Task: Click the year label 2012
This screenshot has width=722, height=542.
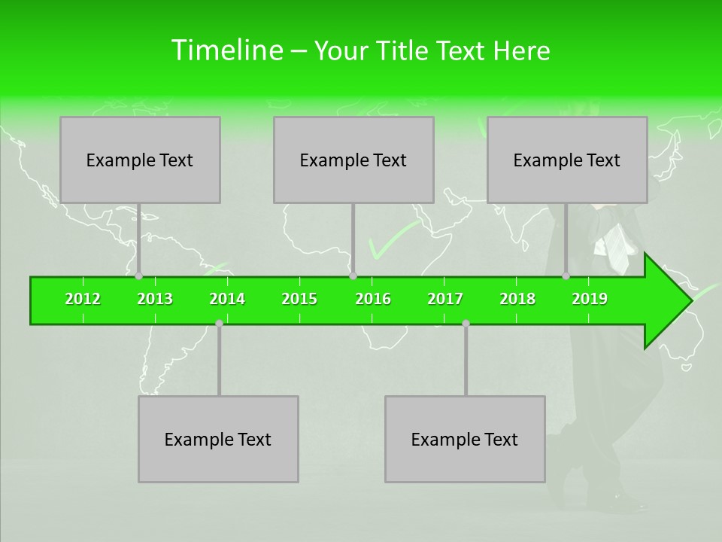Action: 83,299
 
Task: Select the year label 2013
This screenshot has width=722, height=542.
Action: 155,299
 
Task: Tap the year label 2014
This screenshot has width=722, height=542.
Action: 227,299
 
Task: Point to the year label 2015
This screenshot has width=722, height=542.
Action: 299,299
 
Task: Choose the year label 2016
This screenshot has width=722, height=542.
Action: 373,299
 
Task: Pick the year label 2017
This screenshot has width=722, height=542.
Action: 445,299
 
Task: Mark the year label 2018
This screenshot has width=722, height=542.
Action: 517,299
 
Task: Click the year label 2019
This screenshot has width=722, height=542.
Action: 590,299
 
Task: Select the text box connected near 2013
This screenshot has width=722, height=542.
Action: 140,160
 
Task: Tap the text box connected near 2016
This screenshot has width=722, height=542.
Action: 353,160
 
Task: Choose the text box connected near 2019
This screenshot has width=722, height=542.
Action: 567,160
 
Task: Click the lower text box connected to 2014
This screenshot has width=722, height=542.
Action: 218,439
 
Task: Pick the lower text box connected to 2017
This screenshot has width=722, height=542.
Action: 465,439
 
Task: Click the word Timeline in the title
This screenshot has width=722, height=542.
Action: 226,50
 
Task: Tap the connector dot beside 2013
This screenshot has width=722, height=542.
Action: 138,276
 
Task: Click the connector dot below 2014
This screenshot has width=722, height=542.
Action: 219,323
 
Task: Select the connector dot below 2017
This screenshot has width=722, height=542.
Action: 466,323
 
